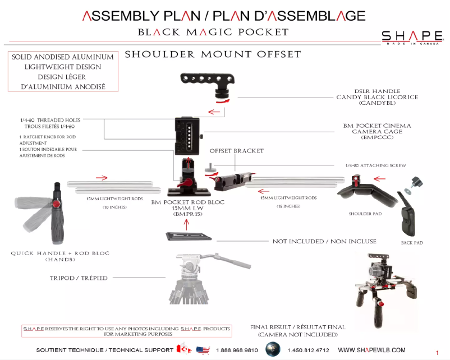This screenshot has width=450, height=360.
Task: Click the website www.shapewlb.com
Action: tap(371, 349)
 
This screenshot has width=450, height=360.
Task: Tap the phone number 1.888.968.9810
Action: tap(237, 350)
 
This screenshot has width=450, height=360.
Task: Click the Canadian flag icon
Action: tap(183, 349)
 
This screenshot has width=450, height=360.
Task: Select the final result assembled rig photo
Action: tap(384, 285)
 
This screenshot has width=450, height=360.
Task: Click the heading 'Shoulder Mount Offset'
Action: tap(213, 54)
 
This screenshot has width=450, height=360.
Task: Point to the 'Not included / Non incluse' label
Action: tap(324, 241)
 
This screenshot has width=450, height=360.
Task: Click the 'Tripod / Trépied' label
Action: tap(79, 278)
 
